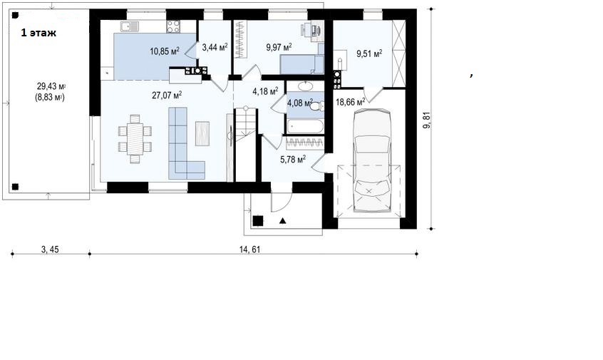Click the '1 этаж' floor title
[x=38, y=33]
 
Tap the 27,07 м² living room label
[x=167, y=95]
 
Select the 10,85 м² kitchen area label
[x=165, y=51]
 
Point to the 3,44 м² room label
[x=215, y=47]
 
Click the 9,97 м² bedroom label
[x=279, y=47]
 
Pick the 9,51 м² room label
[x=369, y=53]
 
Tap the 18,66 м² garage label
[x=351, y=102]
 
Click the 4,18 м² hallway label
[x=265, y=91]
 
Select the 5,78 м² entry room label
[x=293, y=159]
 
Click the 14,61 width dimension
[x=250, y=250]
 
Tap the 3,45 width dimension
[x=50, y=250]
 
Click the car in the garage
[x=371, y=160]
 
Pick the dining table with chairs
[x=135, y=139]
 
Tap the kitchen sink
[x=130, y=26]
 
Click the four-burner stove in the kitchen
[x=173, y=26]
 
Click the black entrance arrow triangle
[x=283, y=220]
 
